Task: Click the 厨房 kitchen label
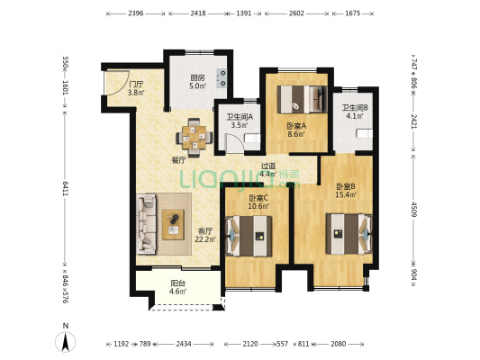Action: [x=196, y=78]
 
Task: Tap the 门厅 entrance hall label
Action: [x=136, y=84]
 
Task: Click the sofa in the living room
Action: [x=148, y=220]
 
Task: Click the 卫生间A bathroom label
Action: [x=239, y=116]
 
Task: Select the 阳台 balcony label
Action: [x=178, y=283]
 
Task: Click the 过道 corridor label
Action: [x=267, y=166]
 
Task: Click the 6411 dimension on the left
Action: [x=66, y=187]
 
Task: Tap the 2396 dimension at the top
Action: [x=136, y=13]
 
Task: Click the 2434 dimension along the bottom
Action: [x=184, y=344]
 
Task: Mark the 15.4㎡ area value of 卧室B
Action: [x=348, y=194]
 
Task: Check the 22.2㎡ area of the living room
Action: [x=205, y=239]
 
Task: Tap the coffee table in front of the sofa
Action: [x=173, y=220]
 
